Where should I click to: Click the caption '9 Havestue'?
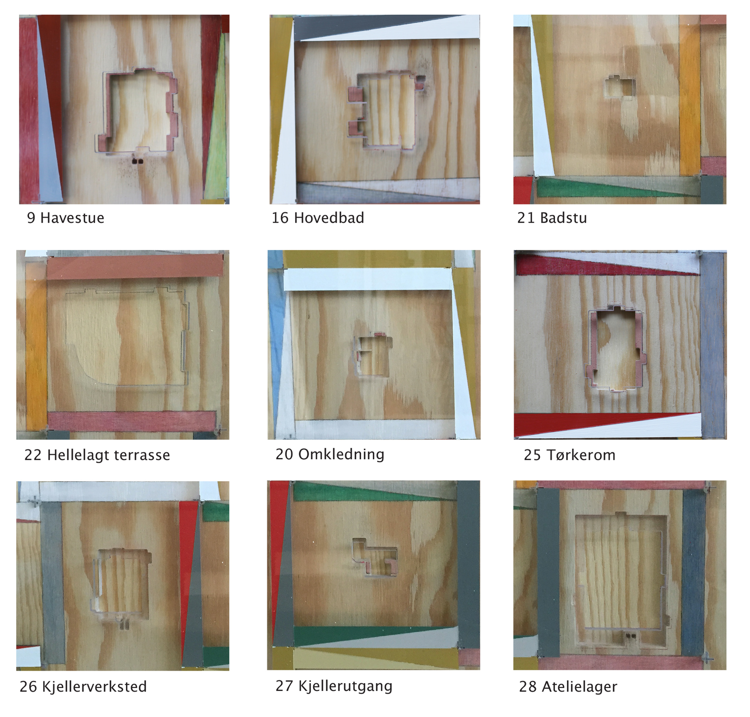[x=66, y=218]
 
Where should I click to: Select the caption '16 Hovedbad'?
[x=318, y=218]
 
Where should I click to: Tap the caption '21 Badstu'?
[x=552, y=218]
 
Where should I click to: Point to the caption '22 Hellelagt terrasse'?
[x=97, y=455]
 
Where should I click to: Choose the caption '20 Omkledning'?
[x=330, y=454]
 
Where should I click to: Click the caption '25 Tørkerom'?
[x=570, y=455]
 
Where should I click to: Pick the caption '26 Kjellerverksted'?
[x=83, y=687]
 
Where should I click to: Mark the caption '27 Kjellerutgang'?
[x=334, y=686]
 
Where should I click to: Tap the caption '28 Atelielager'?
[x=568, y=687]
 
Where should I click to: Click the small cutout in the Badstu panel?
[x=620, y=87]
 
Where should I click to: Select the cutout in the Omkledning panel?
[x=373, y=355]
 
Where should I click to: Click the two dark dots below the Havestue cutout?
[x=137, y=161]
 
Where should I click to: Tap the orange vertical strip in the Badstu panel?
[x=690, y=95]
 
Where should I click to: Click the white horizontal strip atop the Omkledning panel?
[x=367, y=279]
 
